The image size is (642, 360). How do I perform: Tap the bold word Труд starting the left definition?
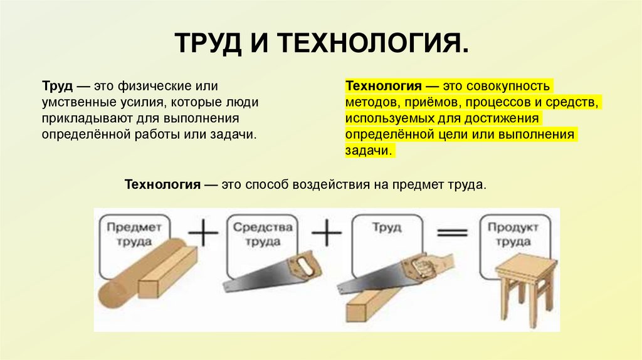coord(57,85)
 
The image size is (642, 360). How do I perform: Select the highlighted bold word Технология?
coord(382,85)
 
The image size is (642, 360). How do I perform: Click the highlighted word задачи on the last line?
coord(369,151)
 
